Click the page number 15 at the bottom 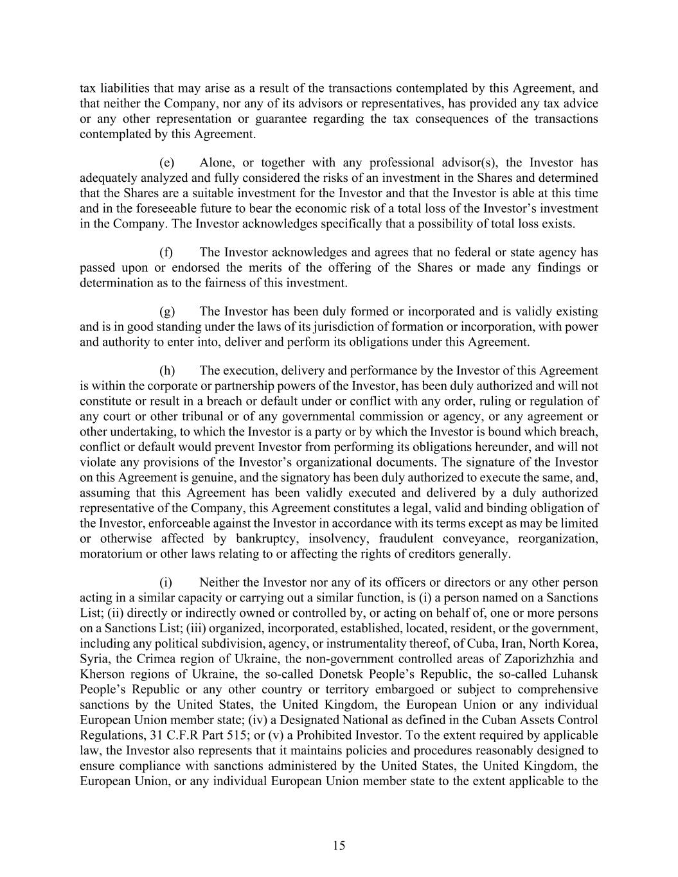coord(339,846)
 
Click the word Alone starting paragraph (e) coord(217,163)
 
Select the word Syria coord(94,659)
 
